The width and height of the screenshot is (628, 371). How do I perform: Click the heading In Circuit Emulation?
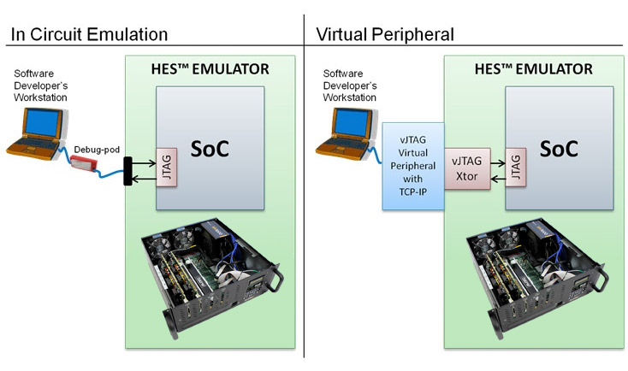point(88,35)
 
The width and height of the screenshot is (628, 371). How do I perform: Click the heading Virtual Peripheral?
point(384,35)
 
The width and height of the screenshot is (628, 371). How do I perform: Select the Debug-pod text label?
point(92,148)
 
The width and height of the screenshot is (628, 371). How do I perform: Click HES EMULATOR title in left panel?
point(210,68)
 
